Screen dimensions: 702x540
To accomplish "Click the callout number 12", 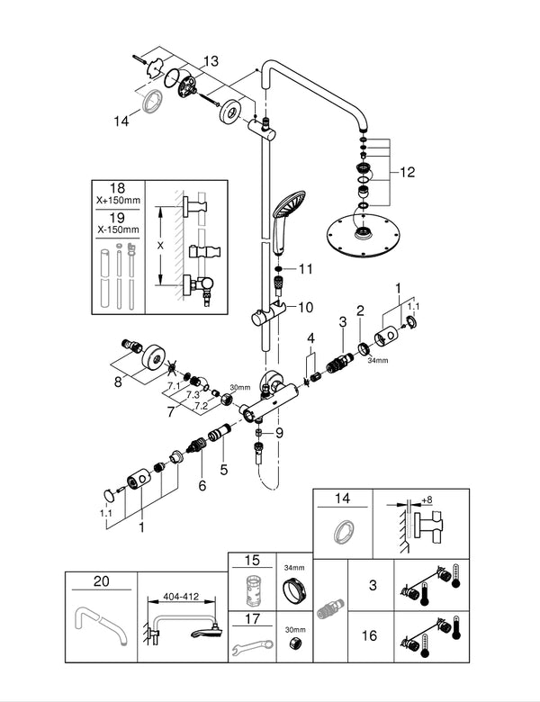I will pyautogui.click(x=408, y=172).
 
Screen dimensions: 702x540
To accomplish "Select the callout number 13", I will pyautogui.click(x=211, y=61).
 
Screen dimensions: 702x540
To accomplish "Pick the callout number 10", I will pyautogui.click(x=304, y=307).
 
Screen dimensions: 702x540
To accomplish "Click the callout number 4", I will pyautogui.click(x=311, y=337).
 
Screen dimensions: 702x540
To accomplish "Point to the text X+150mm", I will pyautogui.click(x=119, y=202).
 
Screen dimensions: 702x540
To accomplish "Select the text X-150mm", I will pyautogui.click(x=119, y=229).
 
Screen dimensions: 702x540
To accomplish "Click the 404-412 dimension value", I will pyautogui.click(x=177, y=596).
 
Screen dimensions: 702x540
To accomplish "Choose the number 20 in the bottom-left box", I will pyautogui.click(x=101, y=581).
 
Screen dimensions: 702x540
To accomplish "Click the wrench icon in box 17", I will pyautogui.click(x=251, y=648).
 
